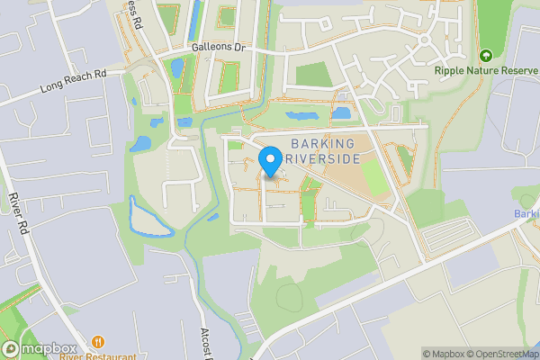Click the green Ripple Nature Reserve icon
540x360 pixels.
tap(487, 56)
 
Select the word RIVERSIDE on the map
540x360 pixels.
tap(321, 158)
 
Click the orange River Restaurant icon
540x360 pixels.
tap(97, 343)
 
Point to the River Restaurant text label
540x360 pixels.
tap(98, 356)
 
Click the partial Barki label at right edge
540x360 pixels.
tap(527, 213)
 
